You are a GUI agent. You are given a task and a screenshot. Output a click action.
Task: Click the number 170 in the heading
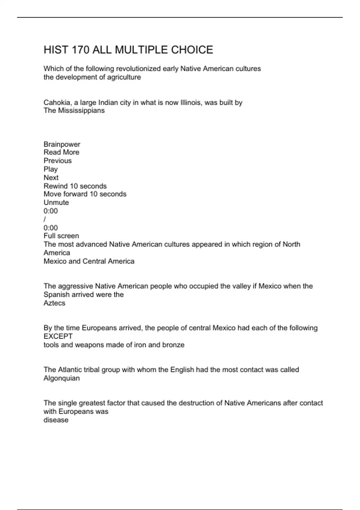pyautogui.click(x=80, y=50)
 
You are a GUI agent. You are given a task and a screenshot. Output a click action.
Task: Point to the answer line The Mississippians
pyautogui.click(x=74, y=110)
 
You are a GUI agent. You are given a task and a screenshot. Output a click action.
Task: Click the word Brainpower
pyautogui.click(x=62, y=144)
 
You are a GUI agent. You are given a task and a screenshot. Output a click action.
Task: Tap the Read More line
pyautogui.click(x=61, y=152)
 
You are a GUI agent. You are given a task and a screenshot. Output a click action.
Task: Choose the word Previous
pyautogui.click(x=58, y=161)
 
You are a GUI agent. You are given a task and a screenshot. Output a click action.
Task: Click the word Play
pyautogui.click(x=50, y=169)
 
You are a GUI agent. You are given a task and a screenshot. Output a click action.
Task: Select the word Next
pyautogui.click(x=51, y=178)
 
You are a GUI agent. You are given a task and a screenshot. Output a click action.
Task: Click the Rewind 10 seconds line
pyautogui.click(x=75, y=186)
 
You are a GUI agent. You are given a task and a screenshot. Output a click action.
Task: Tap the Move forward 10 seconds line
pyautogui.click(x=85, y=194)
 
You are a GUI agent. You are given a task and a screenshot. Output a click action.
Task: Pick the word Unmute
pyautogui.click(x=56, y=202)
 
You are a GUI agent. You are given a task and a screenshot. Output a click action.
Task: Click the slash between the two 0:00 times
pyautogui.click(x=45, y=219)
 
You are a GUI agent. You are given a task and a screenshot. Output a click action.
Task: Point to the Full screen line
pyautogui.click(x=61, y=236)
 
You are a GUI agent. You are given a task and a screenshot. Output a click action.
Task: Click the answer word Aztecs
pyautogui.click(x=54, y=303)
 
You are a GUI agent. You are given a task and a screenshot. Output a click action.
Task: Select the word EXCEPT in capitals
pyautogui.click(x=58, y=336)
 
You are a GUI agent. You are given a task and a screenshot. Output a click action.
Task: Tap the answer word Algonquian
pyautogui.click(x=61, y=378)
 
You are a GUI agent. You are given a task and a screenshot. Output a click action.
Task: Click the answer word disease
pyautogui.click(x=56, y=420)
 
